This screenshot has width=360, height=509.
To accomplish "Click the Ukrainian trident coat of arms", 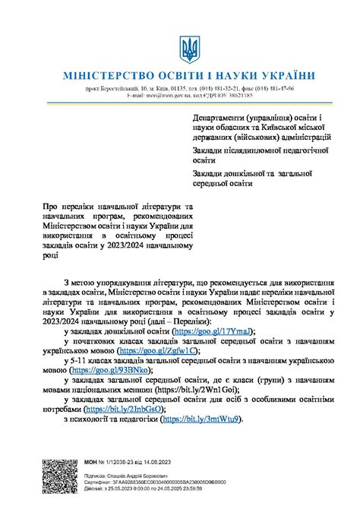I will coord(188,50).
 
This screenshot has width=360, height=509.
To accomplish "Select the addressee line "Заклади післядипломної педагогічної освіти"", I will coord(258,156).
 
